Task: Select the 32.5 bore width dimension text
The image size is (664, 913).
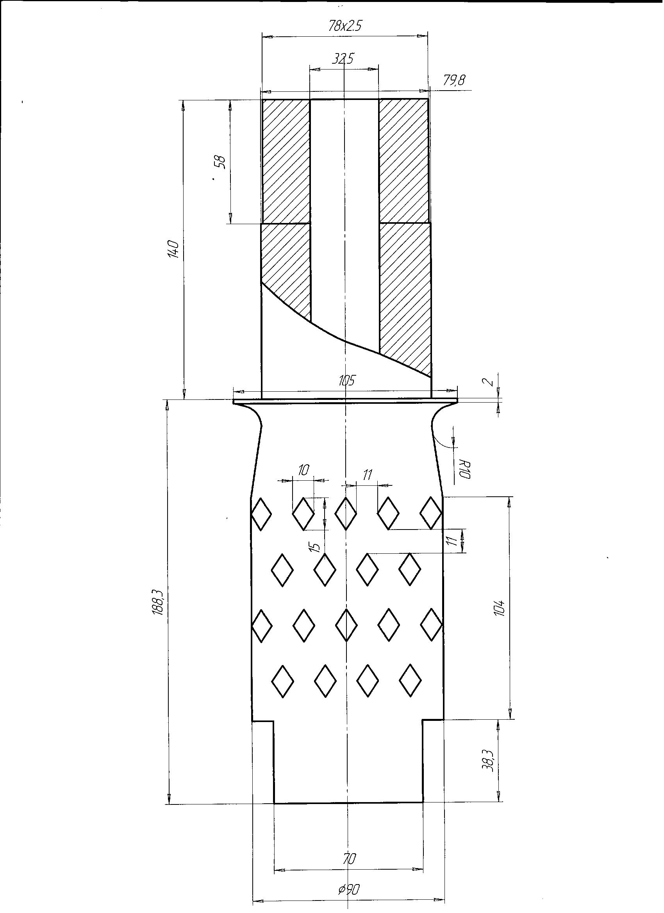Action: (x=343, y=59)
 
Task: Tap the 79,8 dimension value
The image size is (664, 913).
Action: (x=454, y=80)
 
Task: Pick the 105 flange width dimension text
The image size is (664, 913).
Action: (x=346, y=380)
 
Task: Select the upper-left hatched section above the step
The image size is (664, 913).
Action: (x=286, y=161)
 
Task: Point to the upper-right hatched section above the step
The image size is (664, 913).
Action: (x=403, y=161)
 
